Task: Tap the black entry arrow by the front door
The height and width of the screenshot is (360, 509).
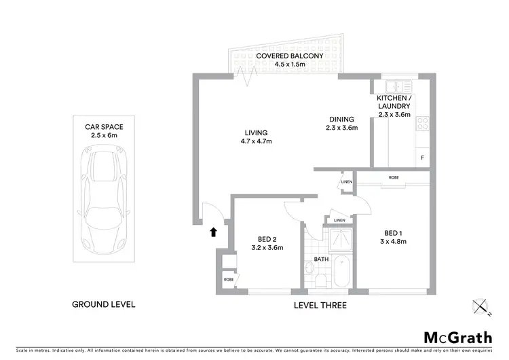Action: coord(213,232)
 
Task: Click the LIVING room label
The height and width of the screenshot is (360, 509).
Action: coord(257,132)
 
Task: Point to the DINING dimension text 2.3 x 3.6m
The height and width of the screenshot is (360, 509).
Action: coord(341,127)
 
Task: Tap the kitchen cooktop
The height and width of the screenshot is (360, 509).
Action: coord(422,124)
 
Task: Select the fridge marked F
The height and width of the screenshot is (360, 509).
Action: coord(422,158)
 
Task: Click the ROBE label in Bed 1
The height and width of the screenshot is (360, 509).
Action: coord(394,177)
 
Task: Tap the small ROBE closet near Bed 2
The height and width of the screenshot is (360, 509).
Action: coord(227,278)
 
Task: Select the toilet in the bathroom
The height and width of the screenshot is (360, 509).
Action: coord(311,278)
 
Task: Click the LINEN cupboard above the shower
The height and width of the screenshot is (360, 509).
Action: coord(339,220)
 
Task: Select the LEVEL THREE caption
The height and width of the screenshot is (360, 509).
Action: coord(320,306)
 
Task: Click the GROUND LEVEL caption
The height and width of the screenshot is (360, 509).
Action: coord(104,304)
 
